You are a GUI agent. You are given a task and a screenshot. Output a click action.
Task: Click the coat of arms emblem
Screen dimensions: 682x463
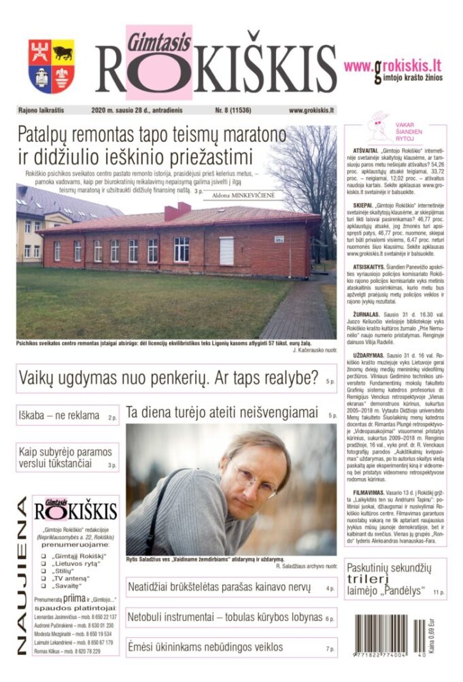pyautogui.click(x=51, y=66)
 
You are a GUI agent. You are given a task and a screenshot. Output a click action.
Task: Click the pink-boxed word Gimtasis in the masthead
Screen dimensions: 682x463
pyautogui.click(x=149, y=39)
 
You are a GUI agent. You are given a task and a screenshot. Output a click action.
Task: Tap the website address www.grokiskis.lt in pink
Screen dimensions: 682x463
pyautogui.click(x=392, y=65)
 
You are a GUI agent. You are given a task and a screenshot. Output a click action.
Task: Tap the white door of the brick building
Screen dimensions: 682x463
pyautogui.click(x=226, y=250)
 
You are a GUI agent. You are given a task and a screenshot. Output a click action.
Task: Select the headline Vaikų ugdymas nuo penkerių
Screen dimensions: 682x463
pyautogui.click(x=169, y=377)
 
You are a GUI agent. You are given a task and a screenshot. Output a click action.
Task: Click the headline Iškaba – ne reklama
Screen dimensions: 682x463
pyautogui.click(x=59, y=415)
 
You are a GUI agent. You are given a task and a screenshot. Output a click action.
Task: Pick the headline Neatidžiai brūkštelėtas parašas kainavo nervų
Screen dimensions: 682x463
pyautogui.click(x=223, y=587)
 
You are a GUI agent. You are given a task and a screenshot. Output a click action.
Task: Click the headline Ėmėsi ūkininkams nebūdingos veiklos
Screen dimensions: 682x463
pyautogui.click(x=205, y=647)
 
